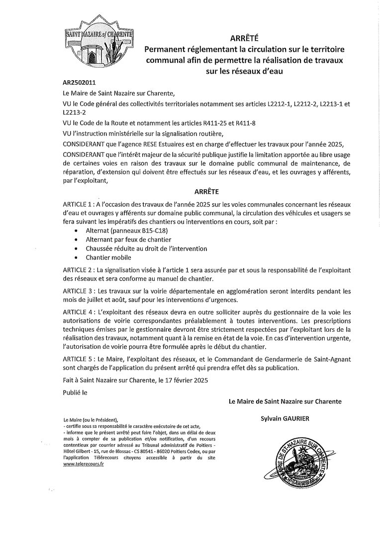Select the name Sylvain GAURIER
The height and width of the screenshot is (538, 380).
coord(285,418)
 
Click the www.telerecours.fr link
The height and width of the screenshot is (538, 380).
coord(84,464)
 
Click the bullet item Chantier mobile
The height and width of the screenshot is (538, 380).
coord(108,258)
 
